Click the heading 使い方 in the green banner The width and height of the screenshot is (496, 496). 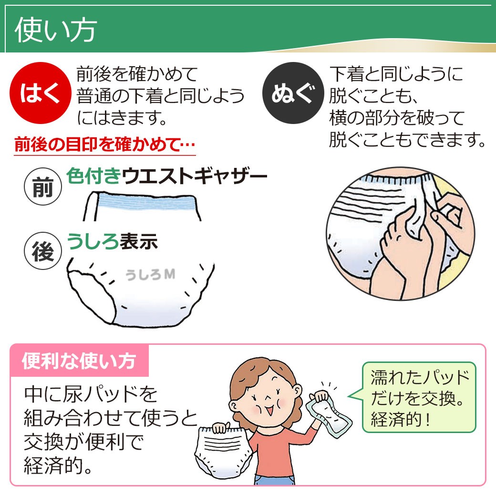pos(56,30)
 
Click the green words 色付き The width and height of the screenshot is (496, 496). pos(93,176)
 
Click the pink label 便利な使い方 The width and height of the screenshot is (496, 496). pos(79,361)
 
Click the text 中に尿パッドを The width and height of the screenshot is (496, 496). pos(91,395)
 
